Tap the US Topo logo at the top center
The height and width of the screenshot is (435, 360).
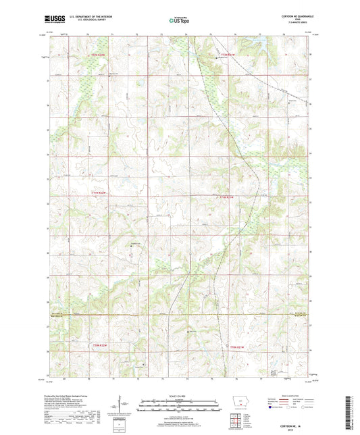point(178,22)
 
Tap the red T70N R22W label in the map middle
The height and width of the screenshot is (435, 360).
point(99,193)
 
